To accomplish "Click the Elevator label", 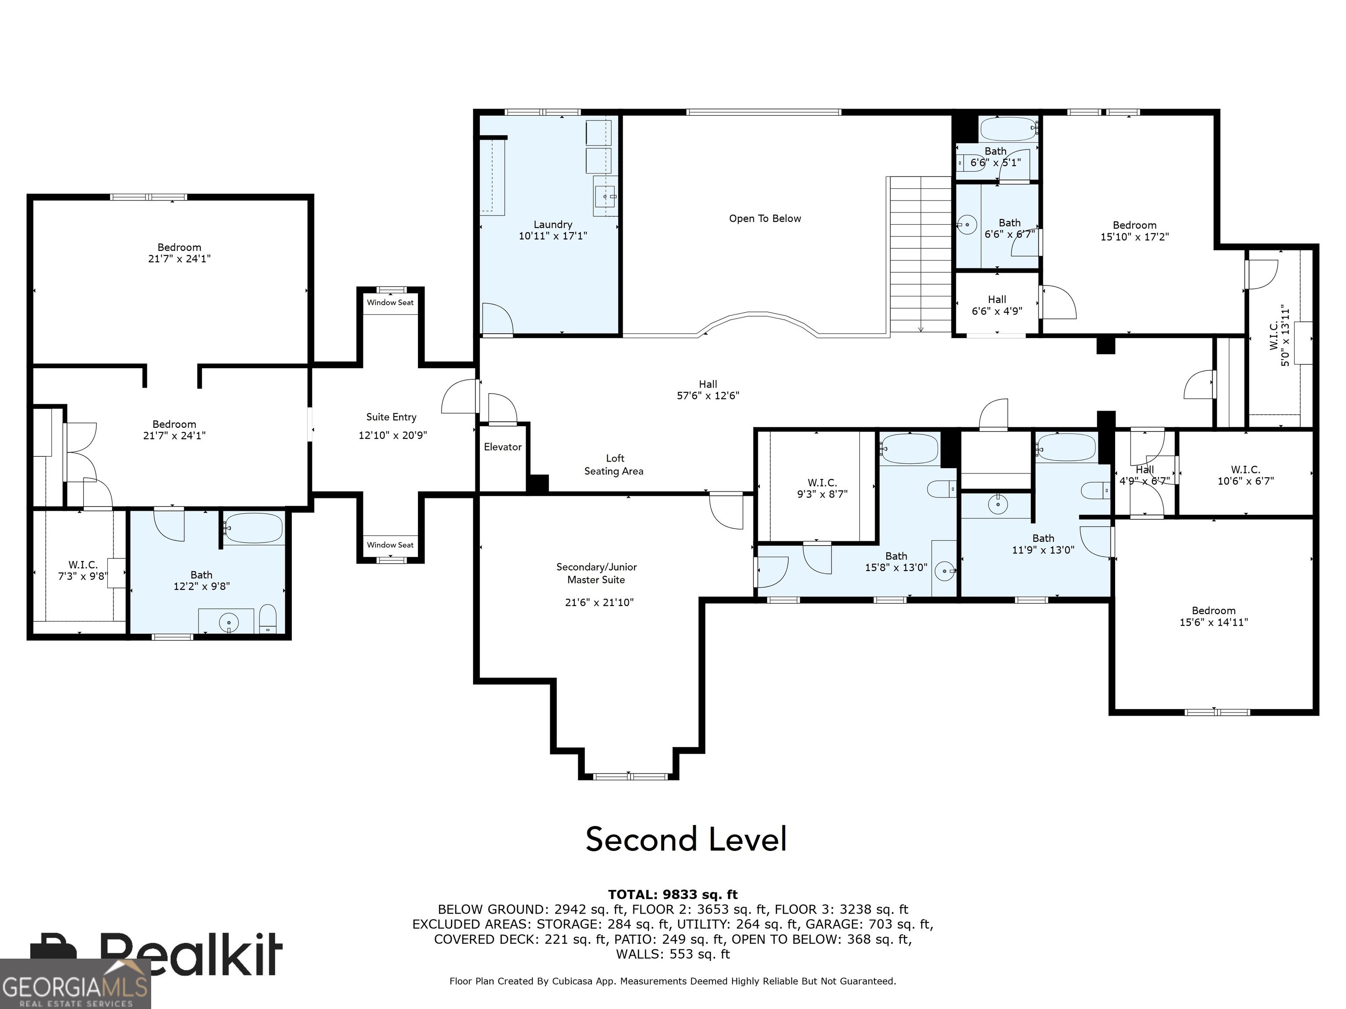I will click(503, 447).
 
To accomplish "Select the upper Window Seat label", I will click(390, 302).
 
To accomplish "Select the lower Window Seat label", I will click(390, 545).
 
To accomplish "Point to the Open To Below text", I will click(765, 219).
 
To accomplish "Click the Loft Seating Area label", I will click(614, 465).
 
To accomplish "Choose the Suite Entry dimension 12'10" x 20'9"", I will click(393, 435).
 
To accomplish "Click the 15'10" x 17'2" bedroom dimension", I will click(1134, 236).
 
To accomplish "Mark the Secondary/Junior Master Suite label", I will click(596, 573).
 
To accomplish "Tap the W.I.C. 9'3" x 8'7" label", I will click(822, 488).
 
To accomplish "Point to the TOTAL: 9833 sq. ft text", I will click(673, 895).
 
